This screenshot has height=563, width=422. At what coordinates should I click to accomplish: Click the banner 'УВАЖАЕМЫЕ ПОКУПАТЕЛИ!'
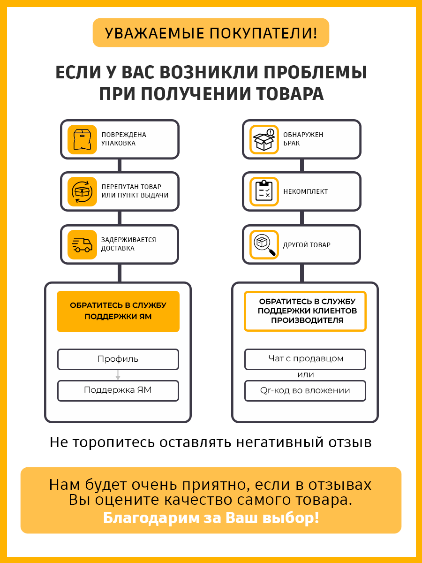click(x=211, y=33)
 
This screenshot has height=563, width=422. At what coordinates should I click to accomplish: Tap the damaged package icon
click(x=82, y=139)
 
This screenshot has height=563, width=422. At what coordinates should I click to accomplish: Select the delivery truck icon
click(x=82, y=244)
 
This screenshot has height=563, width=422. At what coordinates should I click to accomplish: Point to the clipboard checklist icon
click(x=264, y=191)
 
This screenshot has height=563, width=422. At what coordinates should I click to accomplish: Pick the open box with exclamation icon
click(x=264, y=139)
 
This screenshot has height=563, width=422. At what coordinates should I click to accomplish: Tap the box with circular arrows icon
click(x=82, y=191)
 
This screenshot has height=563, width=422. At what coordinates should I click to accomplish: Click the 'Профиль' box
click(x=118, y=359)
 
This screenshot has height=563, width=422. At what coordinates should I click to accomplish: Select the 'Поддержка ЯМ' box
click(x=118, y=390)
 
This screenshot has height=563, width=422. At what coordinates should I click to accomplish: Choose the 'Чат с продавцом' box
click(x=305, y=359)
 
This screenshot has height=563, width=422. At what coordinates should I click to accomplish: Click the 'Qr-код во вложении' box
click(x=305, y=390)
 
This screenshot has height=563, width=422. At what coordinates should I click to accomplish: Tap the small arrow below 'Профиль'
click(x=118, y=375)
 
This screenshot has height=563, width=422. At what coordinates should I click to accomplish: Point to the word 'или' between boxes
click(x=305, y=375)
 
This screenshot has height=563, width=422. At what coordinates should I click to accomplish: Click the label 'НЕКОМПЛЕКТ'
click(x=305, y=191)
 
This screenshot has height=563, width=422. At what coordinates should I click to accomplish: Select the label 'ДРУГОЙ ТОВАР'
click(x=307, y=245)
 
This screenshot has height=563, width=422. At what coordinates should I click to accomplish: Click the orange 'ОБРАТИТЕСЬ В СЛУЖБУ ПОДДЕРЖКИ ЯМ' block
click(x=118, y=311)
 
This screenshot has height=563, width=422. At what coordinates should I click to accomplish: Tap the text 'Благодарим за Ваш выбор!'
click(x=211, y=518)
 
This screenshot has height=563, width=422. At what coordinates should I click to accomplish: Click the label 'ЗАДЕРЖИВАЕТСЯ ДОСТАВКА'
click(x=128, y=244)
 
